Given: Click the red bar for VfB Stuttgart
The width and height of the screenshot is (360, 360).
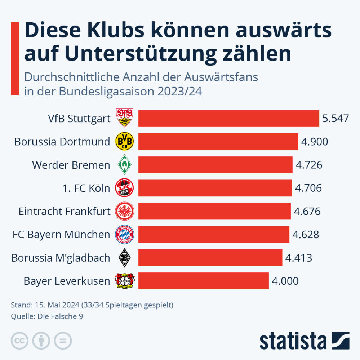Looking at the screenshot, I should (228, 118).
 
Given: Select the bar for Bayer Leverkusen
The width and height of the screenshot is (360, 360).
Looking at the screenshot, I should (204, 281).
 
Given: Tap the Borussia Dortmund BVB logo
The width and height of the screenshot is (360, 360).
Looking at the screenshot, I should (124, 141).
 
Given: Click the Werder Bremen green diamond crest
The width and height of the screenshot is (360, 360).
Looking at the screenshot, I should (124, 165).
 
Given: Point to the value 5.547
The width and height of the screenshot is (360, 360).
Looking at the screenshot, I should (335, 118).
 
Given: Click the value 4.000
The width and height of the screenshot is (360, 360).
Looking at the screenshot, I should (285, 281).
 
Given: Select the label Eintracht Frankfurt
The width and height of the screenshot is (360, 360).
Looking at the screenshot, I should (65, 211).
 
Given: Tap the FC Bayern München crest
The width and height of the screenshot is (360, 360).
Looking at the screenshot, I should (124, 235).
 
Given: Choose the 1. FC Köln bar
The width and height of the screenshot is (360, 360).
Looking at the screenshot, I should (215, 188).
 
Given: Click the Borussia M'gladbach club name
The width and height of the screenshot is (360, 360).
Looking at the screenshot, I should (61, 258).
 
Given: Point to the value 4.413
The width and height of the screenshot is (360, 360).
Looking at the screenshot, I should (298, 258).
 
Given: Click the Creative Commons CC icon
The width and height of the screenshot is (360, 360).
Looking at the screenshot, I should (19, 341).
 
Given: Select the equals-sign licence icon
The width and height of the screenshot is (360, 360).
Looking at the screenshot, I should (63, 341).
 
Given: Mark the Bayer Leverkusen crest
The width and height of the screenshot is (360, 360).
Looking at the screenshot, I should (124, 281).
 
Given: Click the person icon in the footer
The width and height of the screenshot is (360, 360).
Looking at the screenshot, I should (41, 341).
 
